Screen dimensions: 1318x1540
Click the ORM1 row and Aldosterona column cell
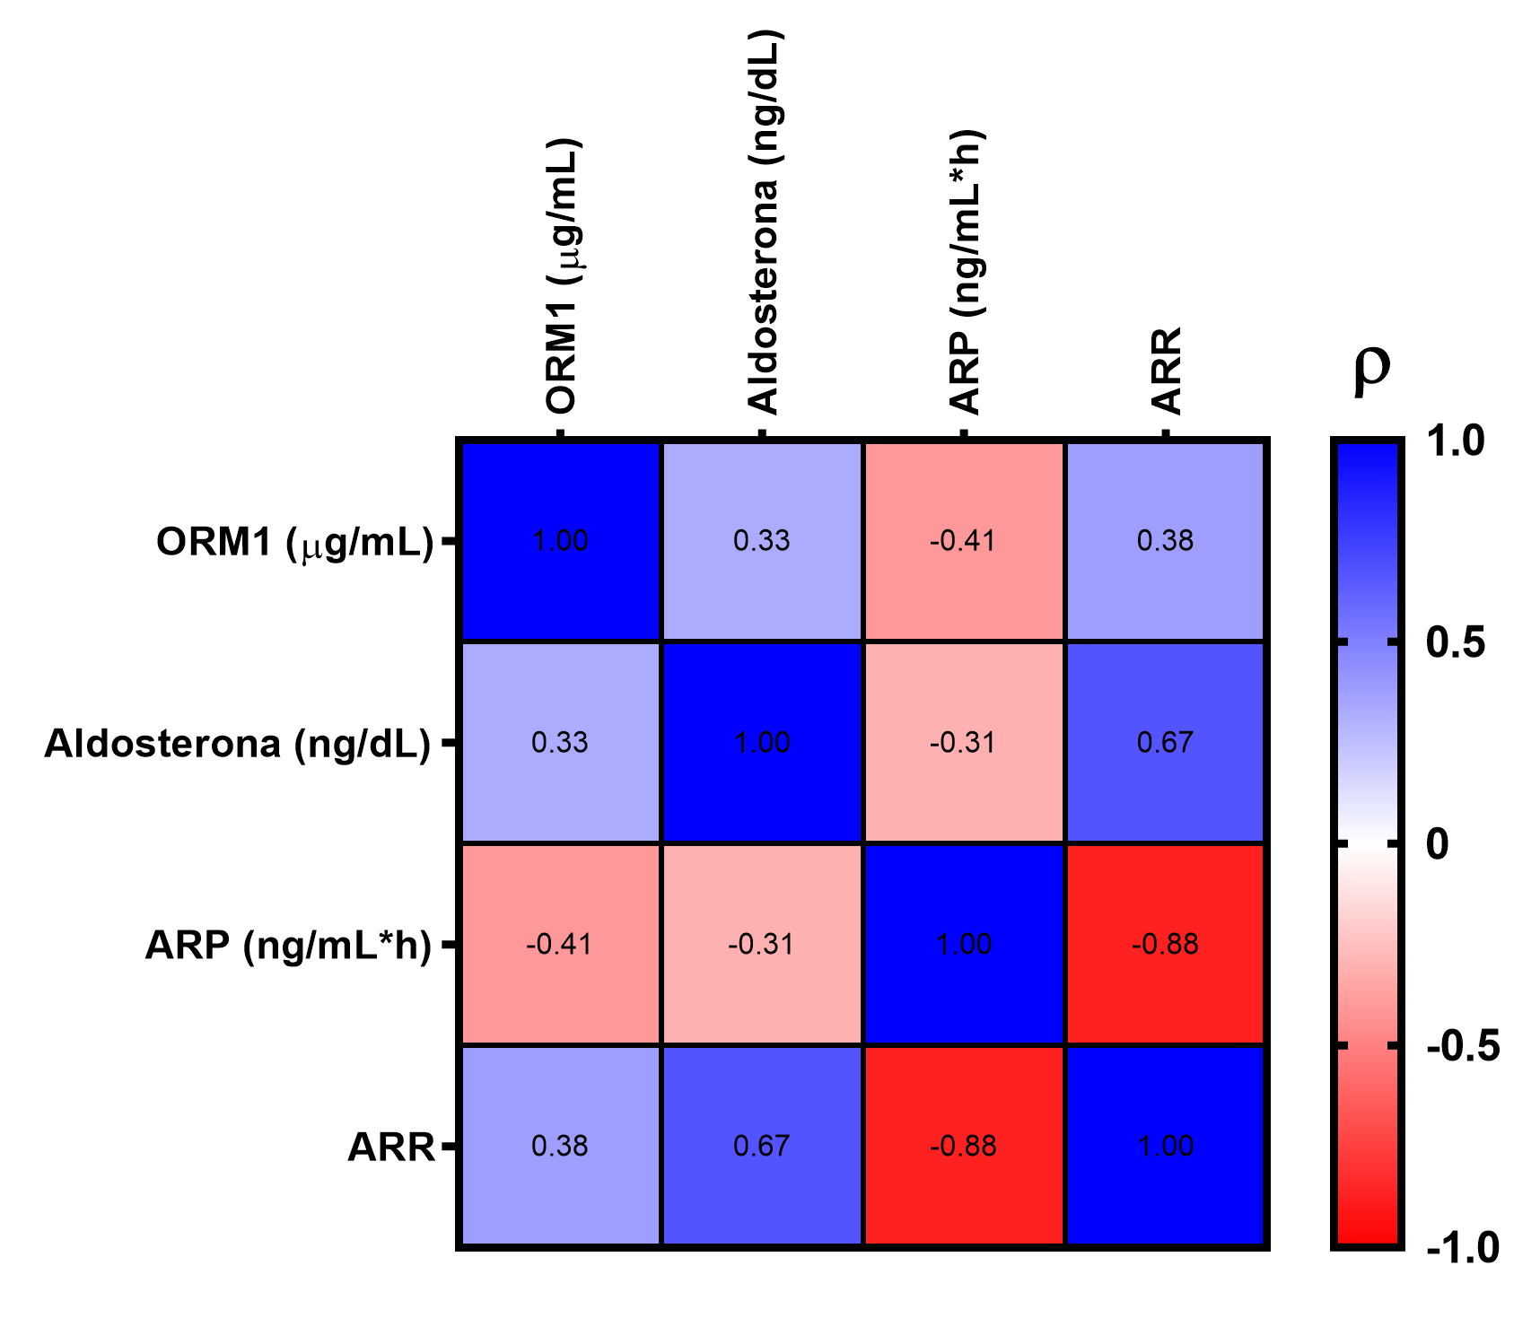762,541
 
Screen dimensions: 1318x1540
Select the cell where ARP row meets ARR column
1166,945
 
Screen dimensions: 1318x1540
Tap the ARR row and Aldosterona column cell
762,1147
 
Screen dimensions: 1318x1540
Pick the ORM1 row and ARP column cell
964,541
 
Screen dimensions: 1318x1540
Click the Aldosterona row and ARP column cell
964,743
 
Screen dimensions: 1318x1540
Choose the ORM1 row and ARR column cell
1166,541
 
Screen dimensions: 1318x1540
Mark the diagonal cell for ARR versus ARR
1166,1147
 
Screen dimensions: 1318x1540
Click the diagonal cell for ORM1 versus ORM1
560,541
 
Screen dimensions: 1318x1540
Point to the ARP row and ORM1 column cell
560,945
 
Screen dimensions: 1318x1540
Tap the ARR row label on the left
391,1148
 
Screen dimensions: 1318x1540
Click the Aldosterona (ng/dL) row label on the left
238,744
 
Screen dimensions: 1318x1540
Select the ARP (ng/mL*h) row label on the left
288,946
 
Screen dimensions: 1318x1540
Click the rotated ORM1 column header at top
563,276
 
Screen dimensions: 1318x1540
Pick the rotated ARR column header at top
1167,371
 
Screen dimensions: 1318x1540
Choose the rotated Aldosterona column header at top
765,223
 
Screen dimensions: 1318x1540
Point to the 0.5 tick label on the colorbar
1456,643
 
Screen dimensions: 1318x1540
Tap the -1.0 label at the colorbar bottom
1462,1248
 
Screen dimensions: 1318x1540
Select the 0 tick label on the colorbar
1437,844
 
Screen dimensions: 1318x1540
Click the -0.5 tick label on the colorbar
1462,1046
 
